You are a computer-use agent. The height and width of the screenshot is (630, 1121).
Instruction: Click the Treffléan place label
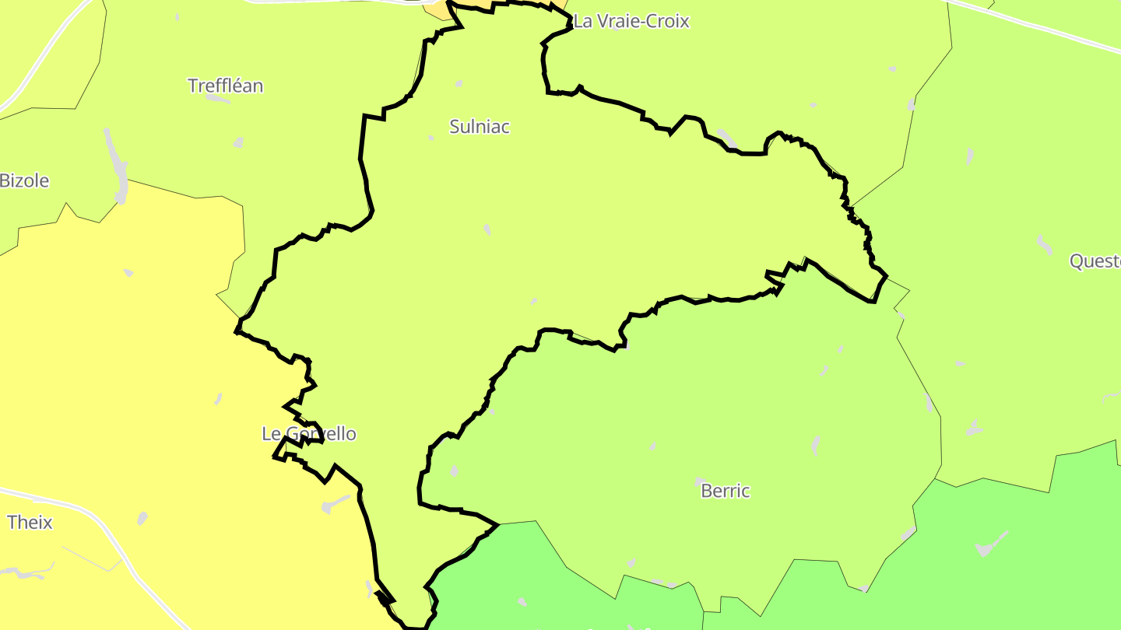pos(226,86)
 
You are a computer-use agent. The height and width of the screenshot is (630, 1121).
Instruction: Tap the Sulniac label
pos(480,127)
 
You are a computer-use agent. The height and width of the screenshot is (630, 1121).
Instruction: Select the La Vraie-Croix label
pos(631,21)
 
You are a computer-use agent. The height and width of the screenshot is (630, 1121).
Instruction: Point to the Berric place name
pos(725,491)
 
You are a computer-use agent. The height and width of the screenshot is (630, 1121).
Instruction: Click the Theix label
pos(30,523)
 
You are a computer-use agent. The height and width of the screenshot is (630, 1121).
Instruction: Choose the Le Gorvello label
pos(309,434)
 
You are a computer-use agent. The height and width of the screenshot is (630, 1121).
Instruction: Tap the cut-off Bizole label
pos(24,181)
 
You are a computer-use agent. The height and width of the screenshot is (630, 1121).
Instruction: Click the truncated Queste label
pos(1095,261)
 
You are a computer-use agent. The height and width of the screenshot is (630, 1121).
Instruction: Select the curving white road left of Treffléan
pos(39,62)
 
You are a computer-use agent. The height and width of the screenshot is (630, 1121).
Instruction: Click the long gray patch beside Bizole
pos(118,167)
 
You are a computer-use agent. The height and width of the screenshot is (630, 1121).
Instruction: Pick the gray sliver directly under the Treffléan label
pos(218,99)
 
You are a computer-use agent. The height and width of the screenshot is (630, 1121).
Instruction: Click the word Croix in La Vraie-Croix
pos(664,21)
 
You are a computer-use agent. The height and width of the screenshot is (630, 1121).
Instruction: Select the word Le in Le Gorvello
pos(270,434)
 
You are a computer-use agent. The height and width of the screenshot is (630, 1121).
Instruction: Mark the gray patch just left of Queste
pos(1044,246)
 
